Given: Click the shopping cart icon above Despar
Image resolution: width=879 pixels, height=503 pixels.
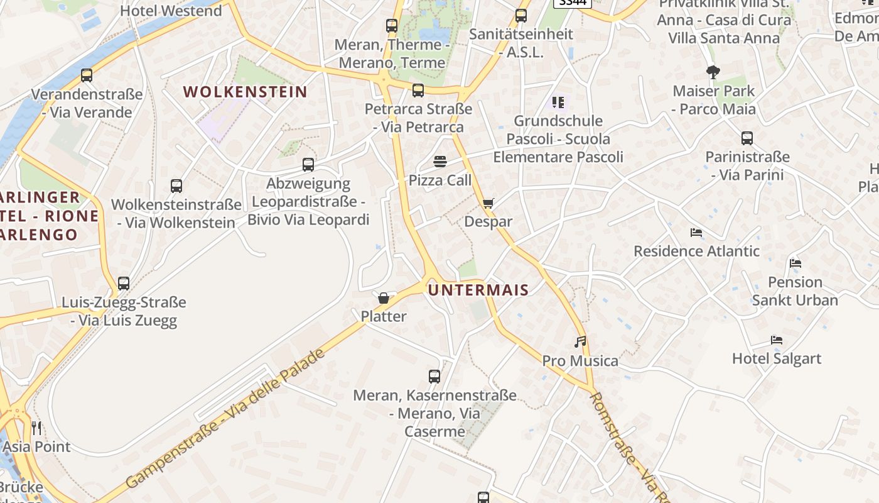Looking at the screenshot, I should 488,203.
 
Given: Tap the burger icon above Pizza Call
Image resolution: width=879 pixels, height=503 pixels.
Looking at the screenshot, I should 439,162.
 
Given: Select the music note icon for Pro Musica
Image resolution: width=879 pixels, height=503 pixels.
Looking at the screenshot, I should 581,342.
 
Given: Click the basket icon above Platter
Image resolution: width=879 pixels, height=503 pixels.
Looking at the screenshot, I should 384,297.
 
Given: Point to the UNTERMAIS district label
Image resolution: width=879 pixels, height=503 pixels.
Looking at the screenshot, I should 478,289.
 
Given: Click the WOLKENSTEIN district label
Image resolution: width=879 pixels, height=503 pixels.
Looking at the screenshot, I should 245,92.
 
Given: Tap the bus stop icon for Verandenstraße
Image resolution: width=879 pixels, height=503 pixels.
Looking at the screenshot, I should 87,75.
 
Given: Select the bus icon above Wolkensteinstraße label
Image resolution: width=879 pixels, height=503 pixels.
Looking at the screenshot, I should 176,186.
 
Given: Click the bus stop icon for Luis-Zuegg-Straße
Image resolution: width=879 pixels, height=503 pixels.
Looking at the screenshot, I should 124,284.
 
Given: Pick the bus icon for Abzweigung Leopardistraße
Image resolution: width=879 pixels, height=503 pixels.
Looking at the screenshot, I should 308,165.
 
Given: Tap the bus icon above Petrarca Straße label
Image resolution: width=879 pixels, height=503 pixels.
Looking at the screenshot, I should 418,91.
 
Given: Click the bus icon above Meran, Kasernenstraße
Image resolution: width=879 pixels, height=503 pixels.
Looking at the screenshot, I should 434,377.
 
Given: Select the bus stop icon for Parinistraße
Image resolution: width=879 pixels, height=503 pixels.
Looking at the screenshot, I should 747,138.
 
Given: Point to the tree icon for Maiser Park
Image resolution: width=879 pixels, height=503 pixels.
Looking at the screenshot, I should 713,72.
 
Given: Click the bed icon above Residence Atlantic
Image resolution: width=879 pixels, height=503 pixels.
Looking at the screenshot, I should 696,233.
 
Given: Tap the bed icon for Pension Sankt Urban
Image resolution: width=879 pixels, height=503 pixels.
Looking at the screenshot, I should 795,263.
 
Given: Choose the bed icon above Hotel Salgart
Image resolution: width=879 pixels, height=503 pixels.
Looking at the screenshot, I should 777,340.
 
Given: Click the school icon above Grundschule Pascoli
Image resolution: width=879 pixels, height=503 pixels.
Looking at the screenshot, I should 558,102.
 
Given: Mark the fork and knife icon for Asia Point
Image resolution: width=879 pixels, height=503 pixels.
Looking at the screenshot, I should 36,428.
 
